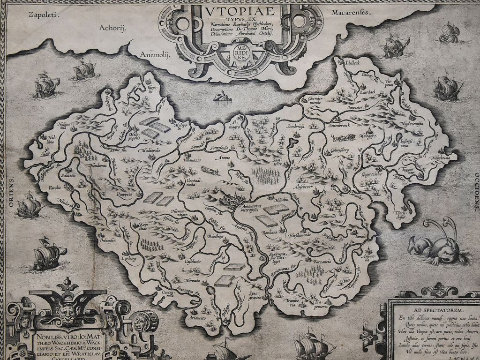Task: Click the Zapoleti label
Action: (42, 15)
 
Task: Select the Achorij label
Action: (113, 28)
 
